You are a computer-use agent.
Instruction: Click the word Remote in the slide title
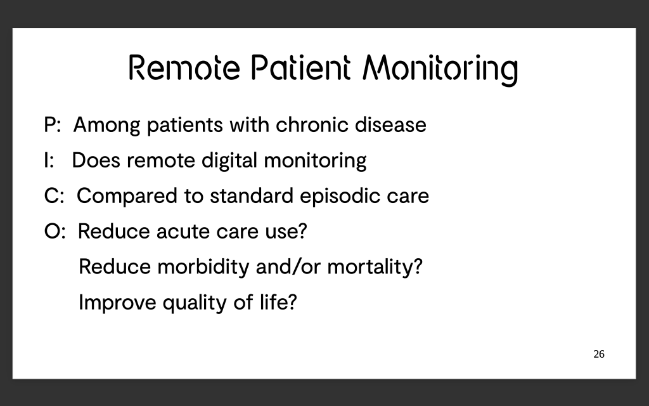(184, 67)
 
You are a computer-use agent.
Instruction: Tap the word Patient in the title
(301, 67)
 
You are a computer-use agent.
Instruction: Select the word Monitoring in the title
(440, 70)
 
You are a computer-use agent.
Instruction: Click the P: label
(53, 125)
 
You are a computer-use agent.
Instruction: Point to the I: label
(49, 160)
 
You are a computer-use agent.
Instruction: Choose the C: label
(54, 196)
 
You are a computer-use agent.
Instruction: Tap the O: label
(55, 231)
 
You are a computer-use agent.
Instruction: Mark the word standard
(252, 196)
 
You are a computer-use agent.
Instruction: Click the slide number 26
(599, 354)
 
